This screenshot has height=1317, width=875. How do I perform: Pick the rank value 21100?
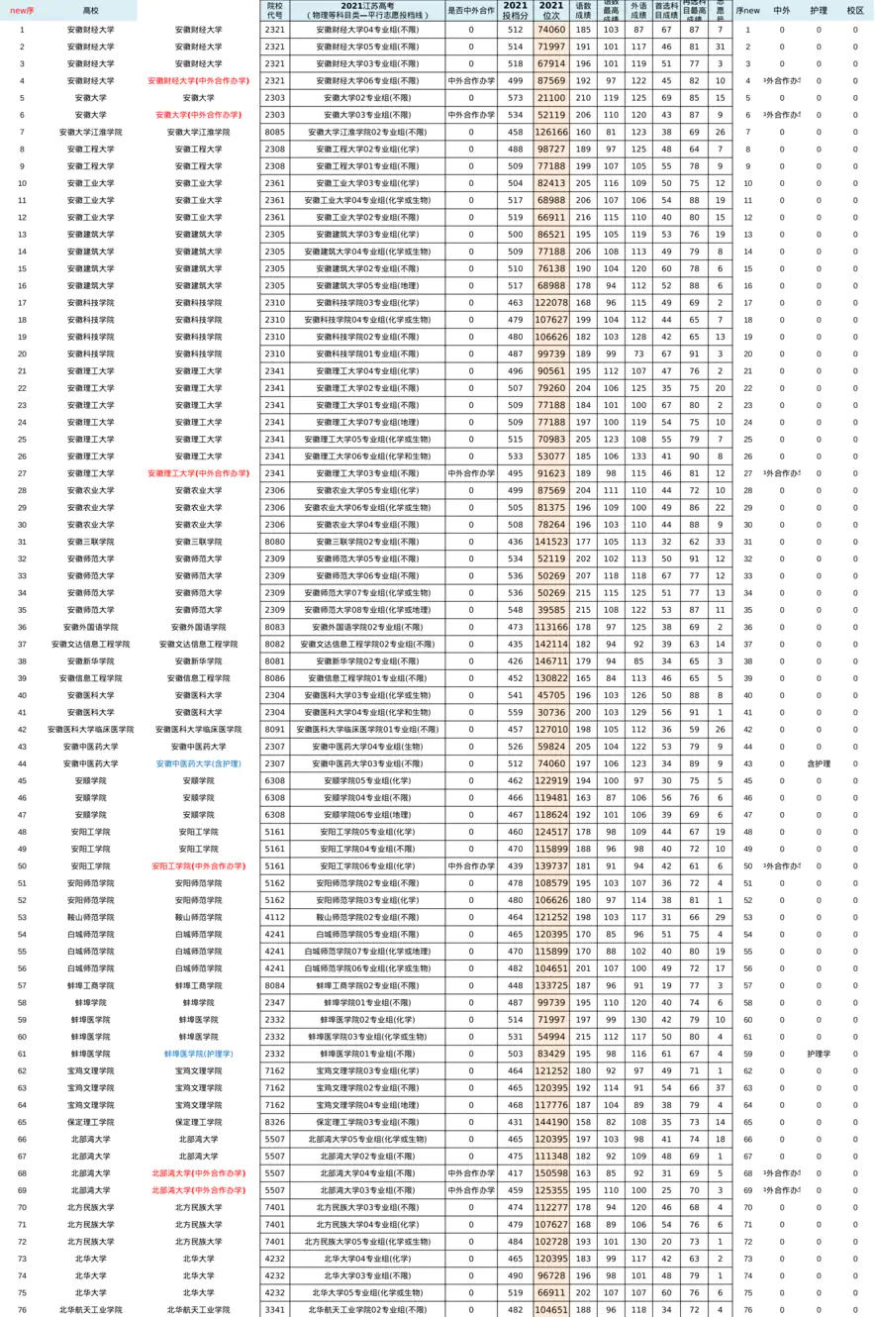551,98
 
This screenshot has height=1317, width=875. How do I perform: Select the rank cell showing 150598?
551,1173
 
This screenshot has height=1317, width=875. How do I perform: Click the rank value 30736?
551,712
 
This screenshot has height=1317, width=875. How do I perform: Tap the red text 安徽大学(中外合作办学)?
198,115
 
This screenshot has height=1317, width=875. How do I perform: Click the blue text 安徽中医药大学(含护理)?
198,763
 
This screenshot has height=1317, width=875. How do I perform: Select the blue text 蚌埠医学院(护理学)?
198,1054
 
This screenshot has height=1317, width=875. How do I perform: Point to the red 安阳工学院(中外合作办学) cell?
198,865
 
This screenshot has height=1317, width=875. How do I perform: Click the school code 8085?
275,132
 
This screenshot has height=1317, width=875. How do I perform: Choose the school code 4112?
275,917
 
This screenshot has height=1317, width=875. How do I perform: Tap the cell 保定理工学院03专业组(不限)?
366,1122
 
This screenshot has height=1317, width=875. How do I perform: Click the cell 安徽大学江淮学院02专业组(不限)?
366,132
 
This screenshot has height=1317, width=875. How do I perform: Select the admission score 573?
515,98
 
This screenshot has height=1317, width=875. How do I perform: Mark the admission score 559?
515,712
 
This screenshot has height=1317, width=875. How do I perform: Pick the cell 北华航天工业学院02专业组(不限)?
366,1310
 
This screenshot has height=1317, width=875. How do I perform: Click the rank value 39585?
551,610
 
